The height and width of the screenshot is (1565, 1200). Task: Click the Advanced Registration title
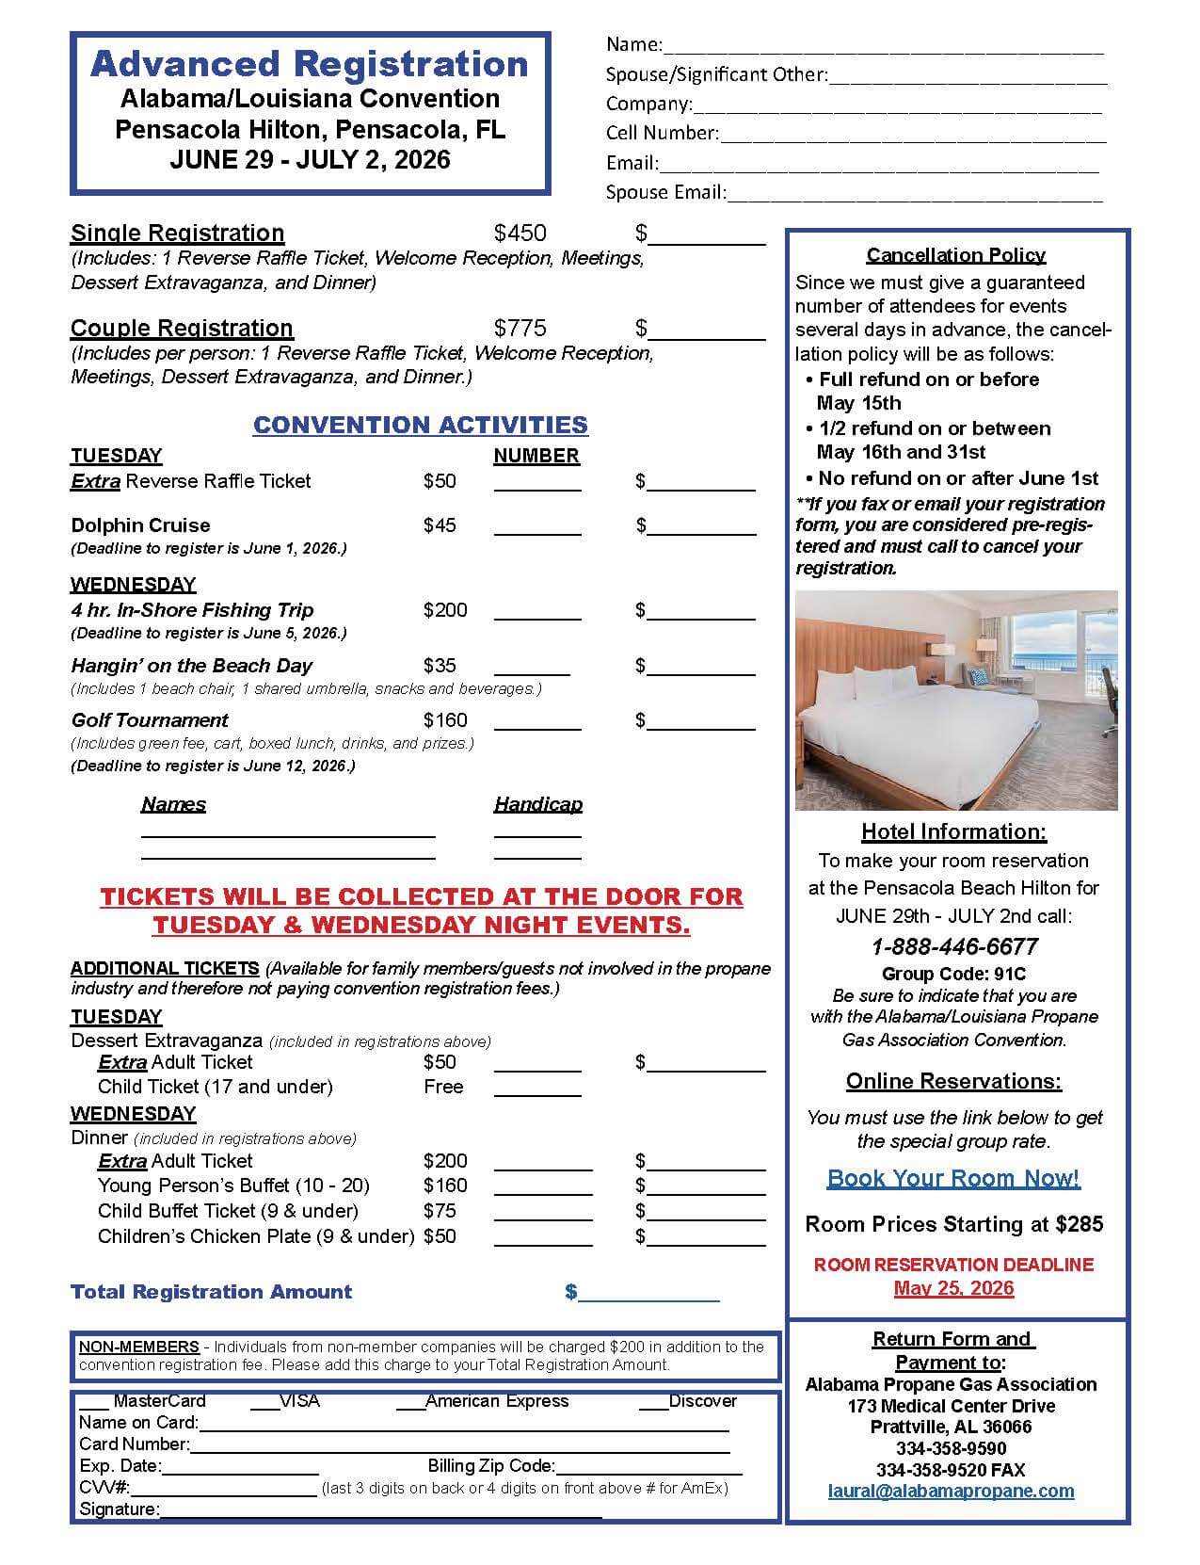(x=310, y=64)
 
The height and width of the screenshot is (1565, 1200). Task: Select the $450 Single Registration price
(x=520, y=234)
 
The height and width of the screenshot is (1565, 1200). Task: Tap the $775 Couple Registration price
(x=520, y=329)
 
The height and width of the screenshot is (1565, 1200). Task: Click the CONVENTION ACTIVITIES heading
(x=421, y=425)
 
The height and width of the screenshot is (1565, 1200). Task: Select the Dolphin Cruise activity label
(x=140, y=525)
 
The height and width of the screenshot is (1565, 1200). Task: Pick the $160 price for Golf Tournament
(x=445, y=720)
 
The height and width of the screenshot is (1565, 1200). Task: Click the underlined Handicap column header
(x=537, y=804)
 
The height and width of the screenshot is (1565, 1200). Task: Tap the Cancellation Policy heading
(x=955, y=255)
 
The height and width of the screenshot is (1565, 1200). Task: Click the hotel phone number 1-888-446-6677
(x=954, y=946)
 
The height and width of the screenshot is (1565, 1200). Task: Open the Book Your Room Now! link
(x=953, y=1178)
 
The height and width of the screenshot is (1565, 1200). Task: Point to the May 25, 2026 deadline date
(x=953, y=1288)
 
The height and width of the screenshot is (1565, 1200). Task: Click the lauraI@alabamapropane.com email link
(x=951, y=1491)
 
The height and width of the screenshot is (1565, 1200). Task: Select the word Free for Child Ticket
(x=443, y=1087)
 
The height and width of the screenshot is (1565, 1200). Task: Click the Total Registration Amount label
(x=212, y=1292)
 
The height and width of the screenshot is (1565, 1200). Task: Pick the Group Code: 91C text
(x=953, y=974)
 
